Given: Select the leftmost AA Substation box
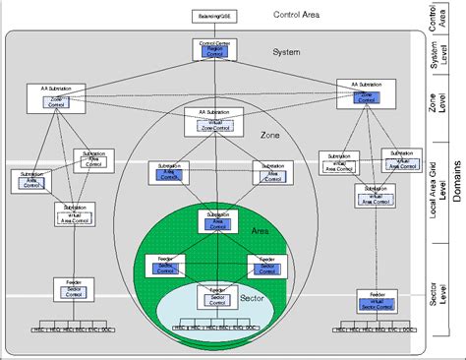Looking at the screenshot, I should click(56, 96).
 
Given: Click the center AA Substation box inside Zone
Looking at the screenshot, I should click(213, 121).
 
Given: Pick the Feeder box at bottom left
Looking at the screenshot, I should click(74, 288).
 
